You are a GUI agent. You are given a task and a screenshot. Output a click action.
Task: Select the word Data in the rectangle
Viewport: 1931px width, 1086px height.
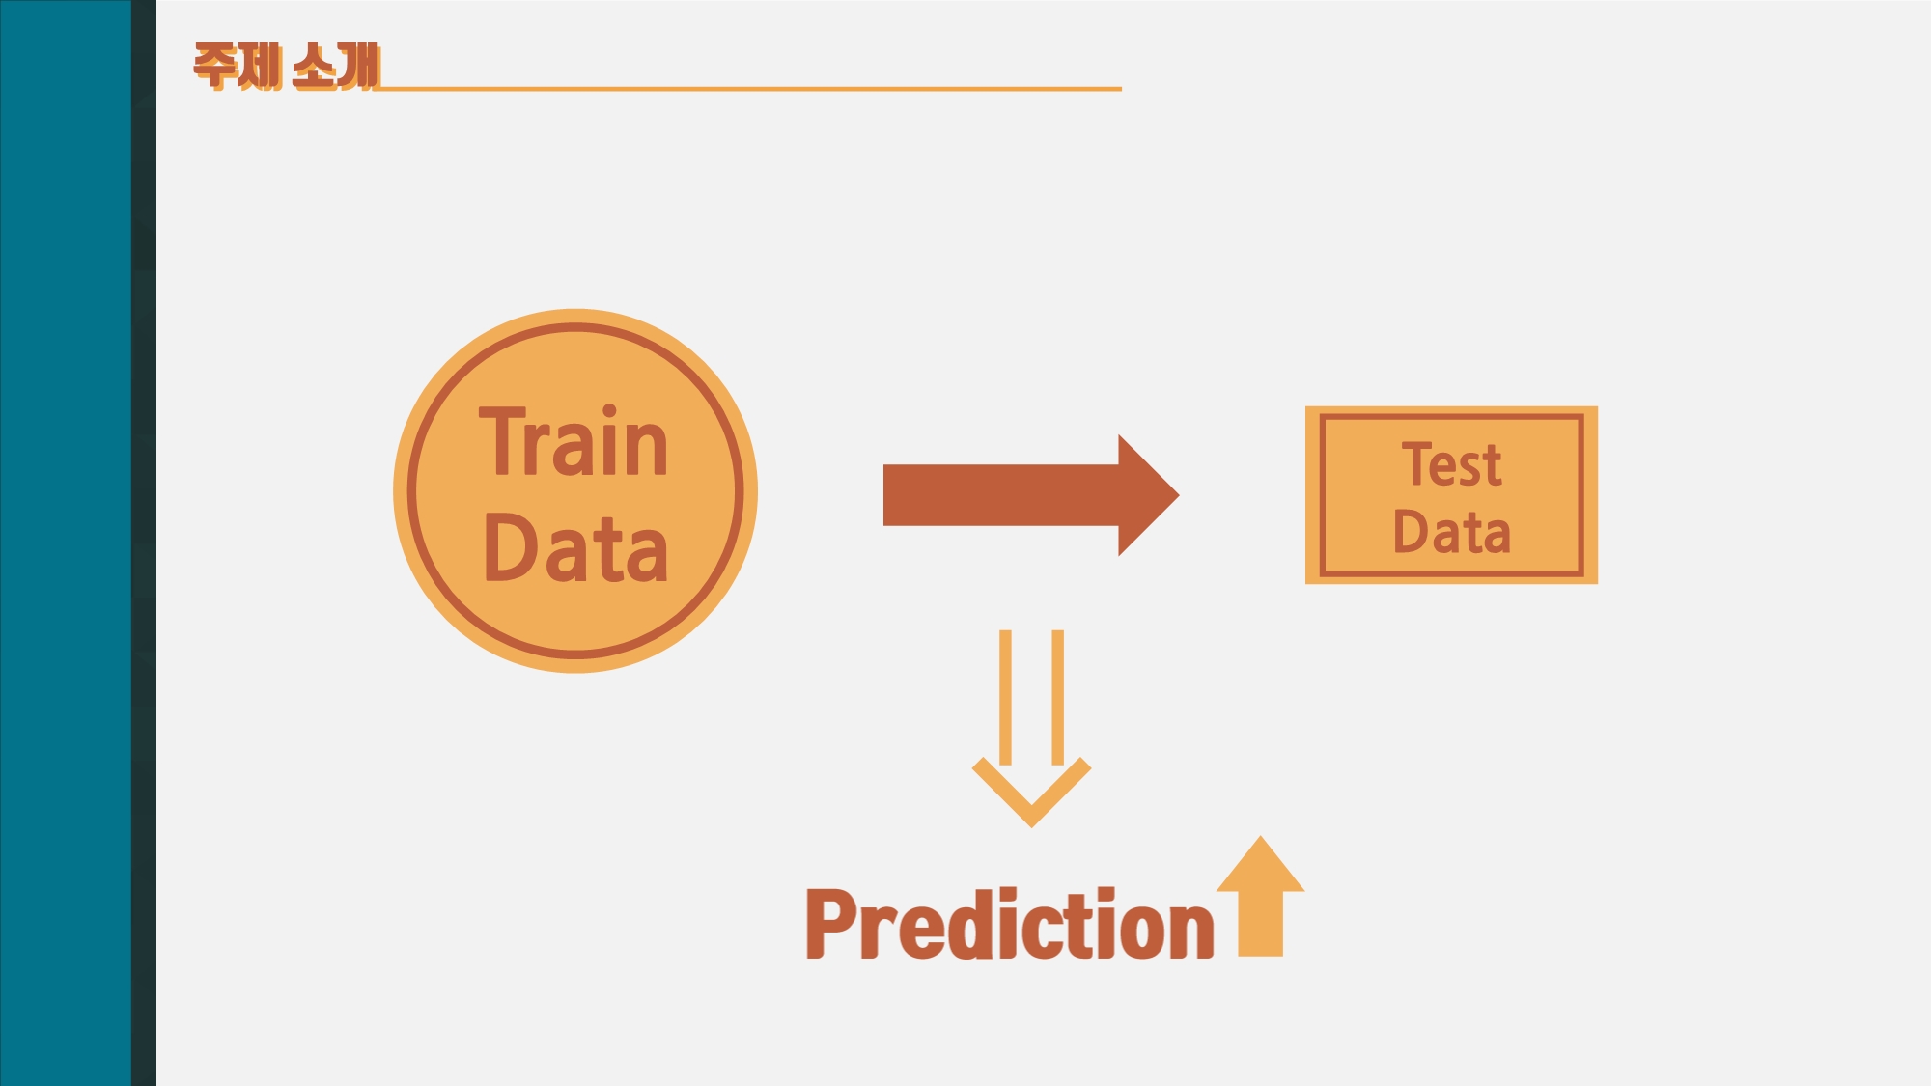pos(1451,532)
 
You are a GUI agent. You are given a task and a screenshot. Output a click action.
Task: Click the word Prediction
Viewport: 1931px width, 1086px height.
pos(1009,924)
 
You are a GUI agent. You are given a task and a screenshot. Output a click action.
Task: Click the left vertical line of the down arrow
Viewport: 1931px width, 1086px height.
pos(1005,695)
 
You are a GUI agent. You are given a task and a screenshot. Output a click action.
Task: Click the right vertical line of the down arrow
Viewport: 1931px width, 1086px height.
pos(1057,695)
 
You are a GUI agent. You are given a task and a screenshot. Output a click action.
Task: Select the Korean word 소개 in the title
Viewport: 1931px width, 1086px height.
pos(335,66)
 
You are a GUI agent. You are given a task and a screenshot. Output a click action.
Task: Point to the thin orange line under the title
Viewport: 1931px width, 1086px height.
pos(753,89)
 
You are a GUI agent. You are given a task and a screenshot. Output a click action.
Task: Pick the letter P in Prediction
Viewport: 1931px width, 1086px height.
pos(829,924)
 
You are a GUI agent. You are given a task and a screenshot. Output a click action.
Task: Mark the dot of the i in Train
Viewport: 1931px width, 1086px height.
pos(609,411)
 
